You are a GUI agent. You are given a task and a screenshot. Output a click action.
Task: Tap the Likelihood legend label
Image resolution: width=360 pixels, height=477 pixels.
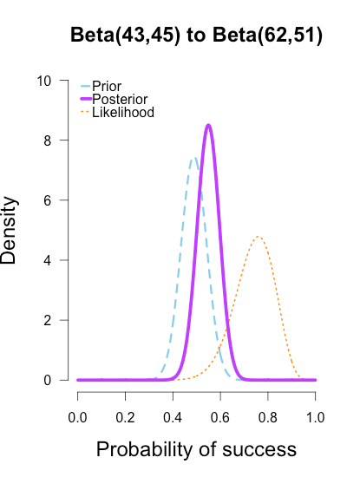pos(123,113)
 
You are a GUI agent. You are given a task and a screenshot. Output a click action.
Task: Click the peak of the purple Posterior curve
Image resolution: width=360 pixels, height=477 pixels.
pos(208,125)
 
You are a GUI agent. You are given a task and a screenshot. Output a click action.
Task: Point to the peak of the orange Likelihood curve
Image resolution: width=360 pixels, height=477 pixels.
pos(258,237)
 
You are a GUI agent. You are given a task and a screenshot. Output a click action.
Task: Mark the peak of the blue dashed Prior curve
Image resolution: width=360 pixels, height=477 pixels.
pos(193,158)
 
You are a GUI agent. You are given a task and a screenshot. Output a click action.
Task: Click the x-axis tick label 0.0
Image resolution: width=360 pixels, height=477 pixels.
pos(78,418)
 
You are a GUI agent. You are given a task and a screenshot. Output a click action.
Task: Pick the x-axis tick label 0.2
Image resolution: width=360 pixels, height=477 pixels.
pos(126,418)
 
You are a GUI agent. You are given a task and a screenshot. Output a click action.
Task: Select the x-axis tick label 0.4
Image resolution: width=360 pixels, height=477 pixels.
pos(173,418)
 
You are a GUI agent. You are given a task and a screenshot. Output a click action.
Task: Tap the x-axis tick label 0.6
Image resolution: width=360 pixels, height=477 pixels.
pos(220,418)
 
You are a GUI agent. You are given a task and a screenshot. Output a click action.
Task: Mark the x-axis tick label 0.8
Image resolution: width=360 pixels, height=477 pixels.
pos(268,418)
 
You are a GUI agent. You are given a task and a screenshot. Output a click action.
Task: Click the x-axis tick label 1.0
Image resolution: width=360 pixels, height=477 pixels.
pos(316,418)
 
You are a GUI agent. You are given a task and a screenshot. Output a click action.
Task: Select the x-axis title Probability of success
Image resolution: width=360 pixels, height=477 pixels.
pos(196,450)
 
